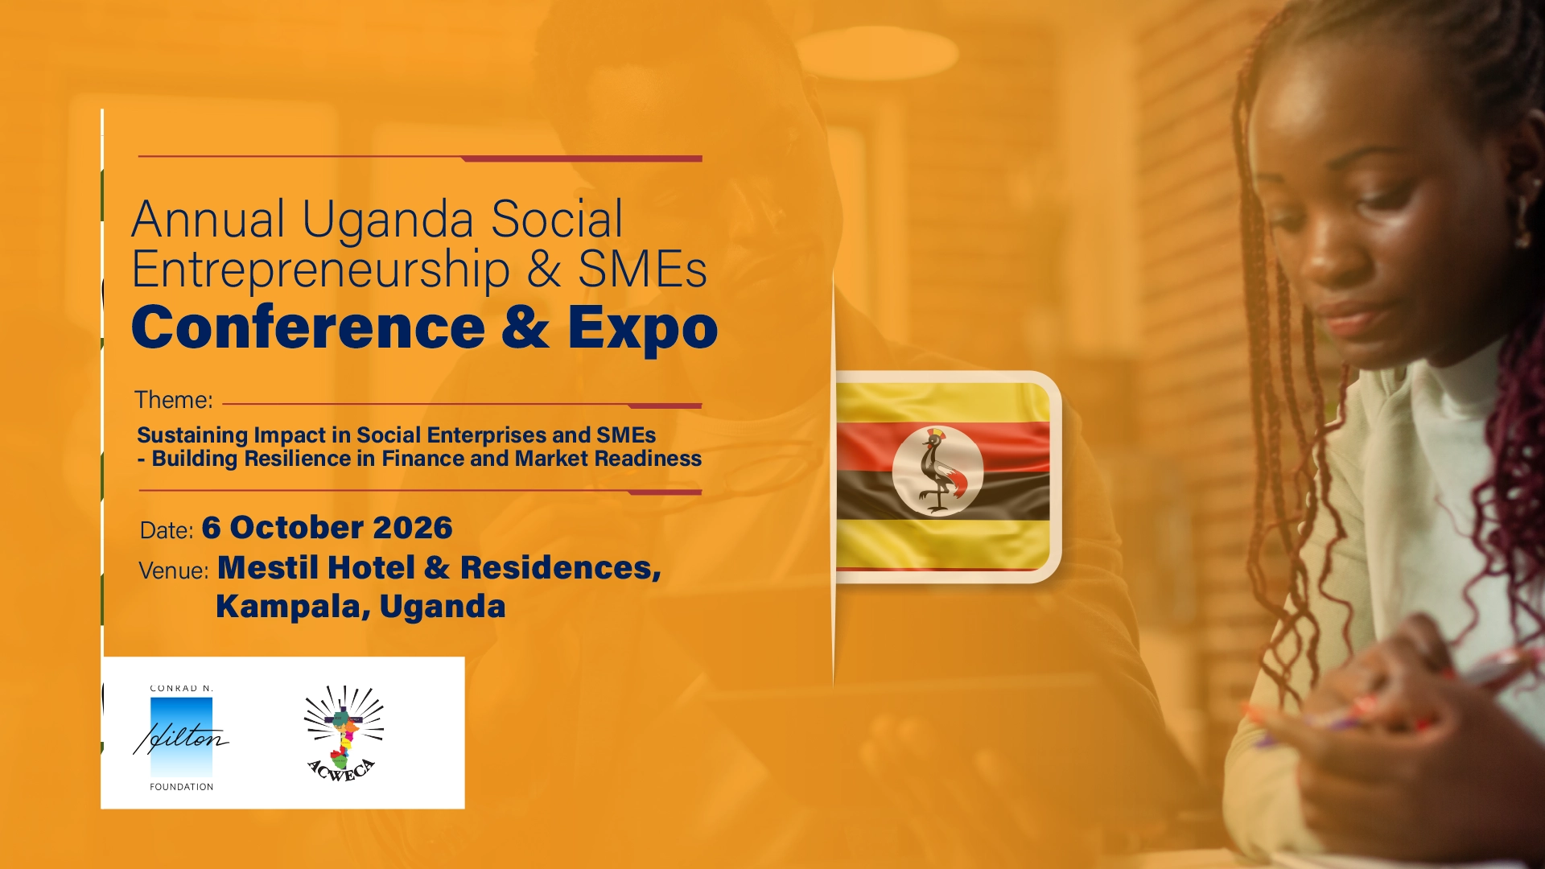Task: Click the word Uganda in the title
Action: tap(388, 220)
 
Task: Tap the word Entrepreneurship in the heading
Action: tap(320, 270)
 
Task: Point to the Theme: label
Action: tap(174, 400)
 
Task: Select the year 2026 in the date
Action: tap(413, 528)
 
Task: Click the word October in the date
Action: tap(297, 528)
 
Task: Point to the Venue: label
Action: tap(174, 570)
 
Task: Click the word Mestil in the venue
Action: tap(268, 568)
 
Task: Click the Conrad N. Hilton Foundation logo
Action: tap(181, 737)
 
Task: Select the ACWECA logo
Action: tap(344, 733)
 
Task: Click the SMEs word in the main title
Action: tap(642, 270)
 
